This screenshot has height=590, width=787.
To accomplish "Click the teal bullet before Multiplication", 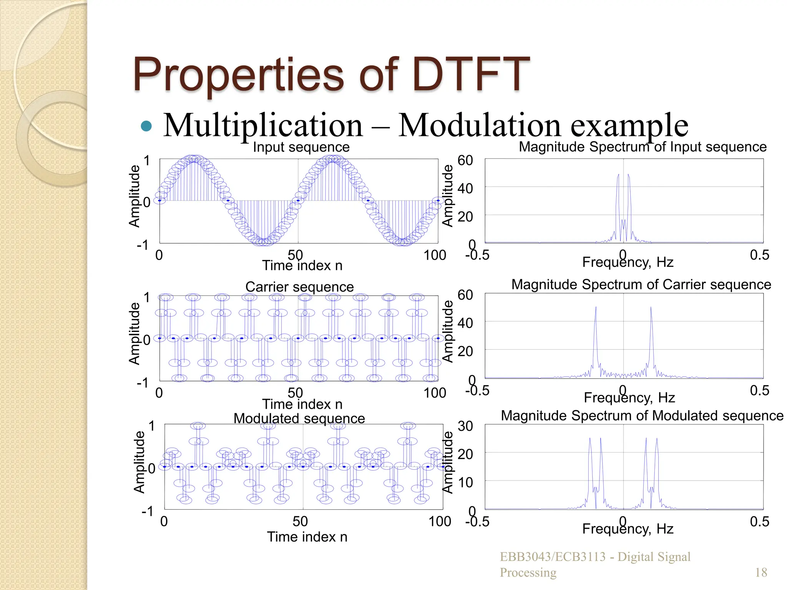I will [146, 126].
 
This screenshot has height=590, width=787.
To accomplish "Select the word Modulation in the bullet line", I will [480, 125].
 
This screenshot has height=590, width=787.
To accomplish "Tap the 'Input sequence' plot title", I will [301, 147].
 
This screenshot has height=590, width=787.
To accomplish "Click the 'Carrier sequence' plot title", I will [299, 287].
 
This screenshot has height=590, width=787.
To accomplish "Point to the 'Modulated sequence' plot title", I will [299, 418].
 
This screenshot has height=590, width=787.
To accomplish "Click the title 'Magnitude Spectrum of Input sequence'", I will [643, 147].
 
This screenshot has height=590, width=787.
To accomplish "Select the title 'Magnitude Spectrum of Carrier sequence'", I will [641, 285].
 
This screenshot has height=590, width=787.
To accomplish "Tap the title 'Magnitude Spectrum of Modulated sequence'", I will [642, 416].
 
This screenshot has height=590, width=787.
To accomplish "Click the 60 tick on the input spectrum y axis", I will [465, 161].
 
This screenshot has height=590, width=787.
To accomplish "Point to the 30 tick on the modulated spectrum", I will [465, 426].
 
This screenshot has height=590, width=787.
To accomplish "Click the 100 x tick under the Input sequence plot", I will [435, 255].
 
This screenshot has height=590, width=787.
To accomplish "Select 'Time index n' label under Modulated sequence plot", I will [307, 537].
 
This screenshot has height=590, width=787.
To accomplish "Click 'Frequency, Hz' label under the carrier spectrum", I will [629, 398].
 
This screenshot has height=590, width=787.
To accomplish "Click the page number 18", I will [761, 572].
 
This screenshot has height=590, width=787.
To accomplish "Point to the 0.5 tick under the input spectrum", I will [759, 255].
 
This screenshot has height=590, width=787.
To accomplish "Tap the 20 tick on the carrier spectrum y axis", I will [465, 351].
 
